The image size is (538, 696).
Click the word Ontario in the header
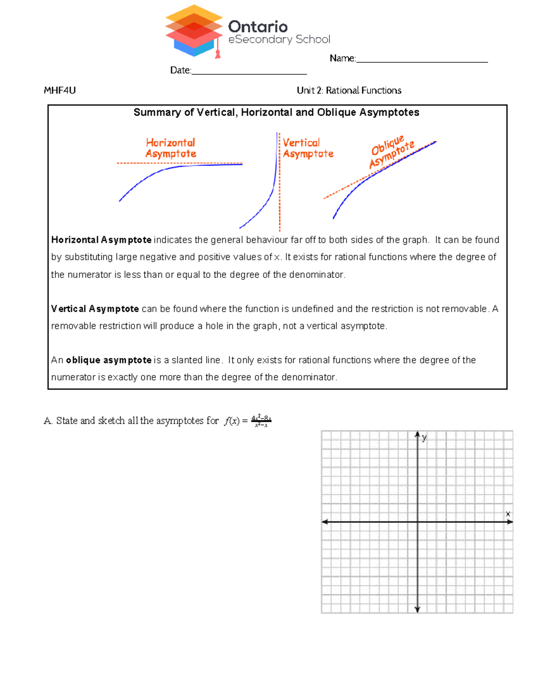point(258,27)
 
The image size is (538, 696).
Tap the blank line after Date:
point(249,73)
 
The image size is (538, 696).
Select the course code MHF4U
point(60,91)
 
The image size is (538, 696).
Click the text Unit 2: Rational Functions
point(349,91)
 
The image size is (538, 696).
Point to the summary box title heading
point(276,112)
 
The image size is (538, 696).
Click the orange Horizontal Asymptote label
point(171,148)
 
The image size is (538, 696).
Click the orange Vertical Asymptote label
point(308,148)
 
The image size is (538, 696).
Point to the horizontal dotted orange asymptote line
point(179,163)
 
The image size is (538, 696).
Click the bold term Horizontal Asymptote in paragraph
point(101,240)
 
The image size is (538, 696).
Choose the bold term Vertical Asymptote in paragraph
point(95,309)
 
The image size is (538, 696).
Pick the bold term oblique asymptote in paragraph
point(108,360)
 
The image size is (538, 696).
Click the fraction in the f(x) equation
point(261,421)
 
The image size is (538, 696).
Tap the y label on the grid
point(424,438)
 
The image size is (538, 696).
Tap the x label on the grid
point(508,514)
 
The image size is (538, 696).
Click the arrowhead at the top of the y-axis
point(417,434)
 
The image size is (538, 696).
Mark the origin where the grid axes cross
point(417,522)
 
